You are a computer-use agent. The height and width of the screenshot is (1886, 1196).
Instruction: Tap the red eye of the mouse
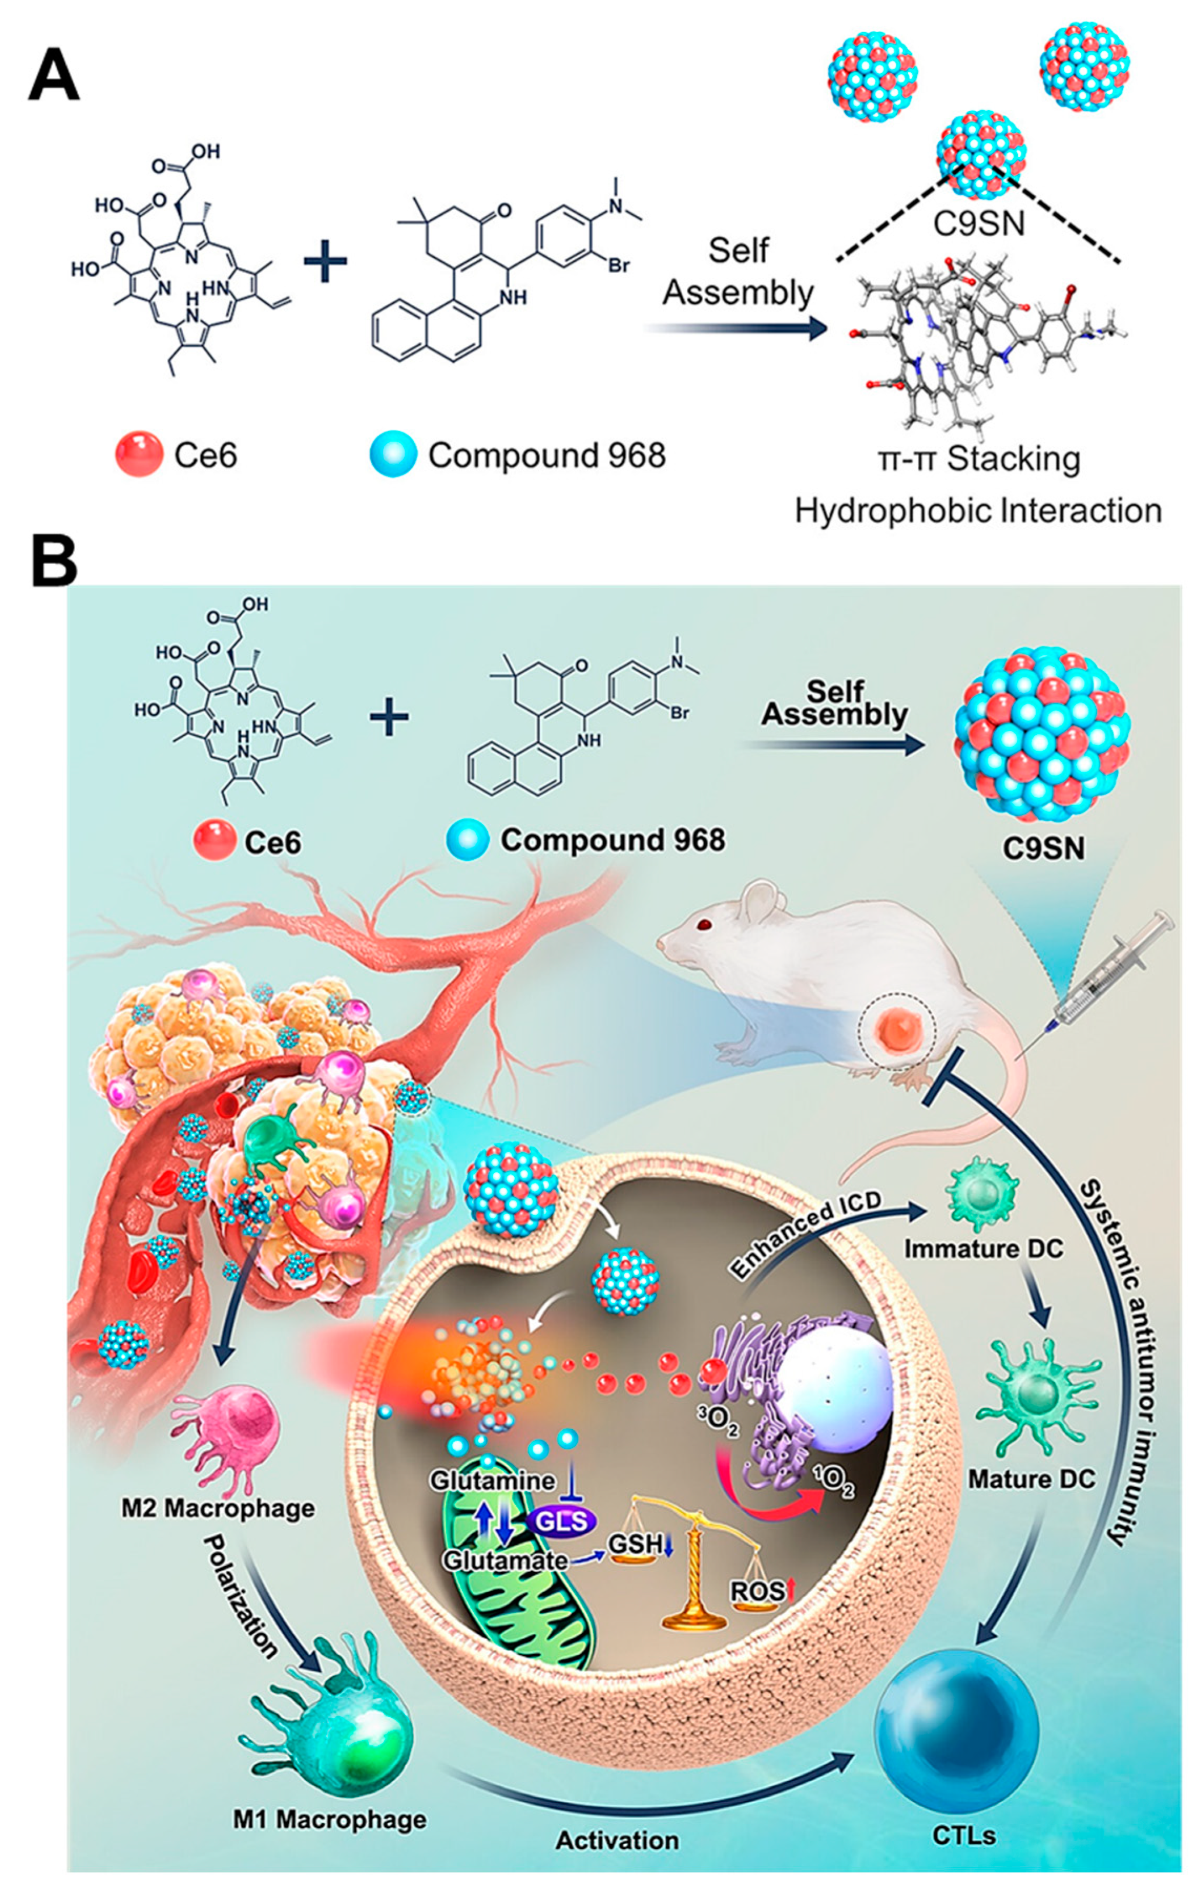tap(707, 926)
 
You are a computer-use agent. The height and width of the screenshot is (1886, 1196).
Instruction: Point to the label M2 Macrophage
tap(218, 1509)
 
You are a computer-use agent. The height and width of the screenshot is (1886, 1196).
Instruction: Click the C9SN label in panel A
tap(978, 225)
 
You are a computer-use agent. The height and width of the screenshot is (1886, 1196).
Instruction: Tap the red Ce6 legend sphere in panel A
tap(139, 454)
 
